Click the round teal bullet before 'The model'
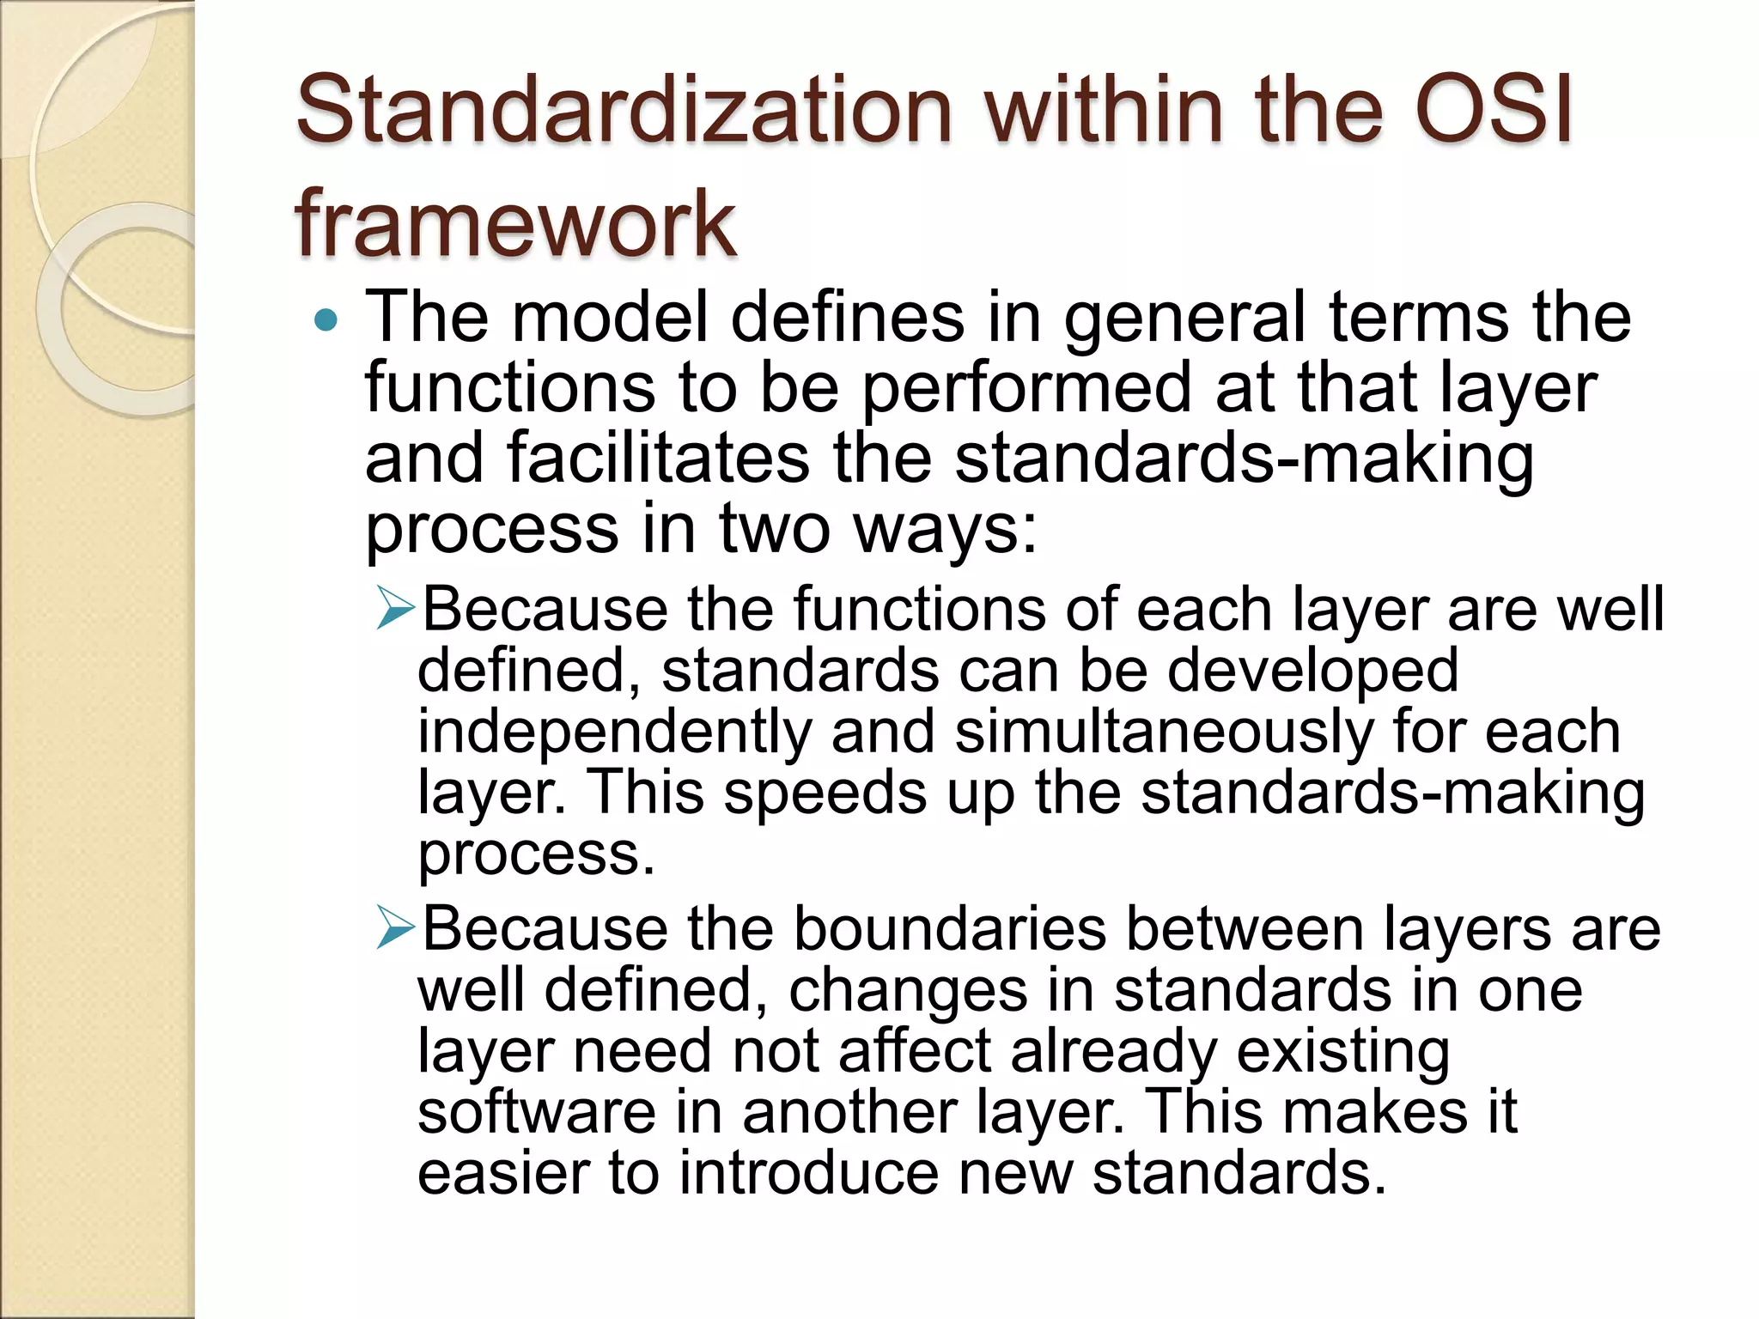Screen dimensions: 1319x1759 coord(326,321)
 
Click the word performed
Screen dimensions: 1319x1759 coord(1027,390)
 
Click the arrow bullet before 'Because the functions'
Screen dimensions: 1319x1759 coord(395,609)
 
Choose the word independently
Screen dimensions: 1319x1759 coord(614,732)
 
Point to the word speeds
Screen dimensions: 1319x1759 coord(825,793)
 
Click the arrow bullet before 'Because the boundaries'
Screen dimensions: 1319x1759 coord(395,929)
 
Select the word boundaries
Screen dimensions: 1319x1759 coord(949,929)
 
